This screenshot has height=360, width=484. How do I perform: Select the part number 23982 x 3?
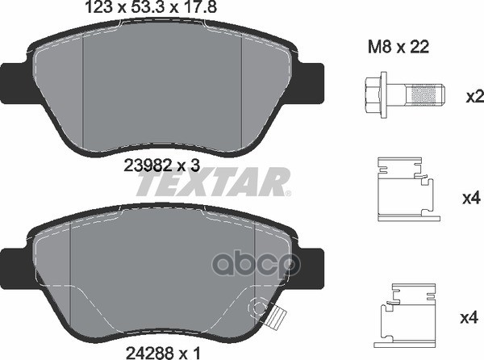point(162,165)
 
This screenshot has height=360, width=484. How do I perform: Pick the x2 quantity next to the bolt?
point(474,98)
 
